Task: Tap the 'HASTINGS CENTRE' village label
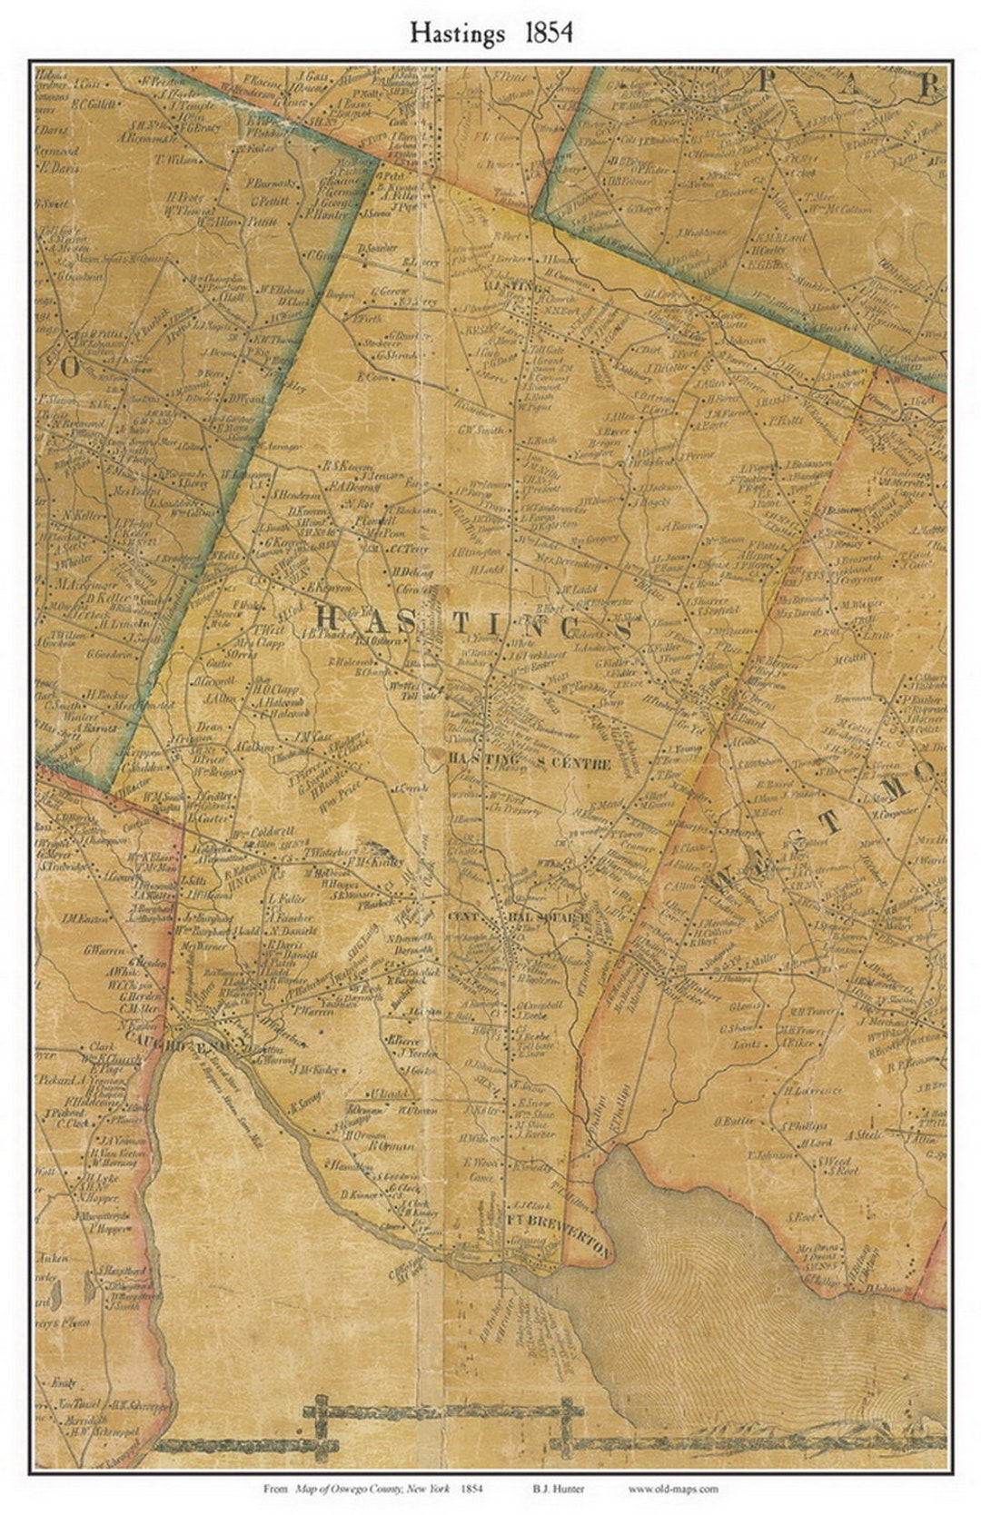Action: [530, 763]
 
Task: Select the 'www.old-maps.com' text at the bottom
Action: [672, 1488]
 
